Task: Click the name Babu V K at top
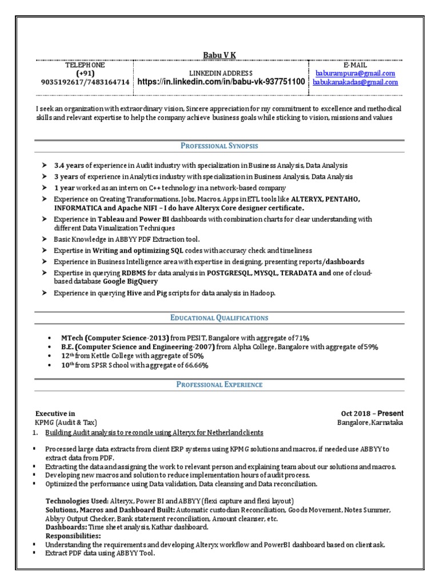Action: click(219, 55)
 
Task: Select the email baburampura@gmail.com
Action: click(355, 74)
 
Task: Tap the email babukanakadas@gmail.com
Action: click(355, 82)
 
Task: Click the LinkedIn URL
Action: click(221, 82)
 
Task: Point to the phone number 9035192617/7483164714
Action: click(85, 82)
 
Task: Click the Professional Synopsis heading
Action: click(219, 146)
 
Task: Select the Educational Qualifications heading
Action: click(219, 318)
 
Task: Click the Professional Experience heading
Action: click(219, 384)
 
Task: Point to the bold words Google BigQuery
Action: click(131, 282)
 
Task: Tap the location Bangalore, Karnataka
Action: click(370, 423)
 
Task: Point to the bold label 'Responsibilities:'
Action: click(73, 536)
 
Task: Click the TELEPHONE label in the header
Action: click(85, 66)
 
